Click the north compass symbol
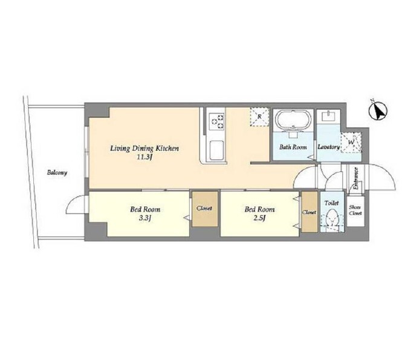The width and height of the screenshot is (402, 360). pyautogui.click(x=378, y=111)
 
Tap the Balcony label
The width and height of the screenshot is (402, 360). pyautogui.click(x=57, y=172)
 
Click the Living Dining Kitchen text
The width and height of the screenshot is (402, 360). pyautogui.click(x=144, y=148)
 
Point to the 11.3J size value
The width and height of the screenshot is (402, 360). pyautogui.click(x=144, y=157)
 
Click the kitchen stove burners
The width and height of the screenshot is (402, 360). pyautogui.click(x=216, y=122)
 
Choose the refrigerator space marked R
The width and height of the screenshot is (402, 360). pyautogui.click(x=259, y=117)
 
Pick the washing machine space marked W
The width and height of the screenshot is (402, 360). pyautogui.click(x=351, y=142)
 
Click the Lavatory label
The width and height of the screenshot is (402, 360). pyautogui.click(x=329, y=147)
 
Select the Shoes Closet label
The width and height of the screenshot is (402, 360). pyautogui.click(x=355, y=211)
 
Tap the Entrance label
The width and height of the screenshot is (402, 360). pyautogui.click(x=355, y=178)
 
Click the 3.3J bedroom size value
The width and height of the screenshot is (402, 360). pyautogui.click(x=145, y=218)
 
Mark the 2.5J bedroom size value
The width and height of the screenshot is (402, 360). pyautogui.click(x=259, y=218)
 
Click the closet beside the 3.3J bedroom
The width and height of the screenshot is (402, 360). pyautogui.click(x=205, y=209)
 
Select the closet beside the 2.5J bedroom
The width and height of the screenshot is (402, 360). pyautogui.click(x=310, y=212)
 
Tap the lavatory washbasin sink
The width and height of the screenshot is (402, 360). pyautogui.click(x=328, y=117)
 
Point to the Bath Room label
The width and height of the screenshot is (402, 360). pyautogui.click(x=293, y=147)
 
